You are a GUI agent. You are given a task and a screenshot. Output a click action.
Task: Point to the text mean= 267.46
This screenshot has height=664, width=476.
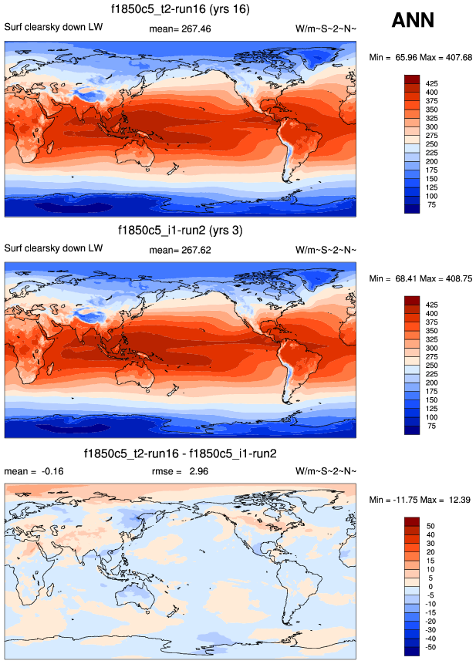[x=179, y=29]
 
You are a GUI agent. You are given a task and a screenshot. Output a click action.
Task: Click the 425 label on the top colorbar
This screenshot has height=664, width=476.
[x=433, y=81]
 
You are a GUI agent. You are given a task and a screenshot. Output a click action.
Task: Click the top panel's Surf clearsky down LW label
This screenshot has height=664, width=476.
[x=53, y=29]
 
